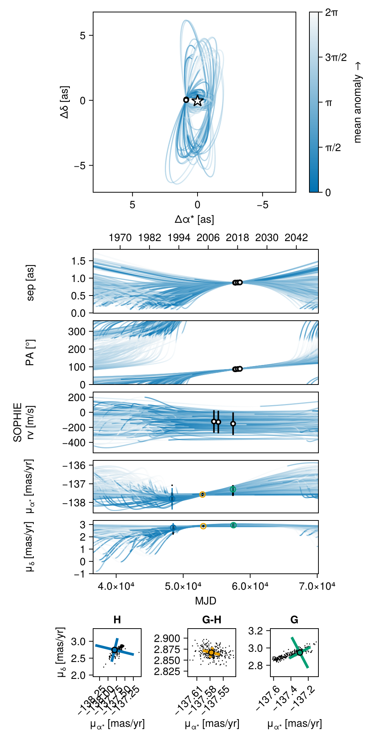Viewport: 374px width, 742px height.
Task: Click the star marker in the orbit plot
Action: pyautogui.click(x=198, y=101)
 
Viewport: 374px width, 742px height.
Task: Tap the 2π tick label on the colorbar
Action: pyautogui.click(x=331, y=12)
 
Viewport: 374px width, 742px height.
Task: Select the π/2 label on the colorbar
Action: pyautogui.click(x=333, y=148)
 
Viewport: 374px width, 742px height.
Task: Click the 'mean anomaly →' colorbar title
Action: pyautogui.click(x=357, y=103)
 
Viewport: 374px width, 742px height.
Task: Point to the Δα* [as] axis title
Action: pyautogui.click(x=194, y=219)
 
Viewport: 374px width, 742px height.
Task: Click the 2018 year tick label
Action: pyautogui.click(x=237, y=238)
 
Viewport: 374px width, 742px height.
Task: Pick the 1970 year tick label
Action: pyautogui.click(x=120, y=238)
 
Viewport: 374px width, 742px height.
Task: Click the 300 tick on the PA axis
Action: pyautogui.click(x=77, y=332)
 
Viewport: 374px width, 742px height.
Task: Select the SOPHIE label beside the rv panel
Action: pyautogui.click(x=18, y=422)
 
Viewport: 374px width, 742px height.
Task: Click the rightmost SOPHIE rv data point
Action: pyautogui.click(x=233, y=424)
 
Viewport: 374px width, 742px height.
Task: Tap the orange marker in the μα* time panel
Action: pyautogui.click(x=202, y=495)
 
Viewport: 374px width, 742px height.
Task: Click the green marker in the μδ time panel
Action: pyautogui.click(x=233, y=525)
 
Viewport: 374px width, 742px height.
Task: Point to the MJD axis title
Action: pyautogui.click(x=205, y=601)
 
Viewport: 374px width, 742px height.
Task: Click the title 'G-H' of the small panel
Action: pyautogui.click(x=211, y=620)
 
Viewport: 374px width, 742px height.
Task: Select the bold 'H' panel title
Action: pyautogui.click(x=117, y=620)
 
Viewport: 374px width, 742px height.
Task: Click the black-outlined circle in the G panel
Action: pyautogui.click(x=300, y=653)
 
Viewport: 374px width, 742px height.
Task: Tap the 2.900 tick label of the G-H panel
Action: pyautogui.click(x=167, y=638)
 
